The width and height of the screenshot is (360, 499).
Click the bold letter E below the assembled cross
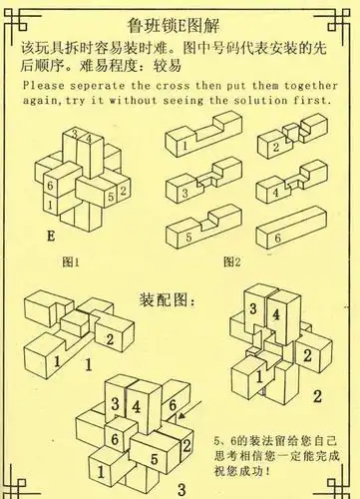pyautogui.click(x=51, y=238)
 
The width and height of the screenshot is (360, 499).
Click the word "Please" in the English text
pyautogui.click(x=41, y=86)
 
